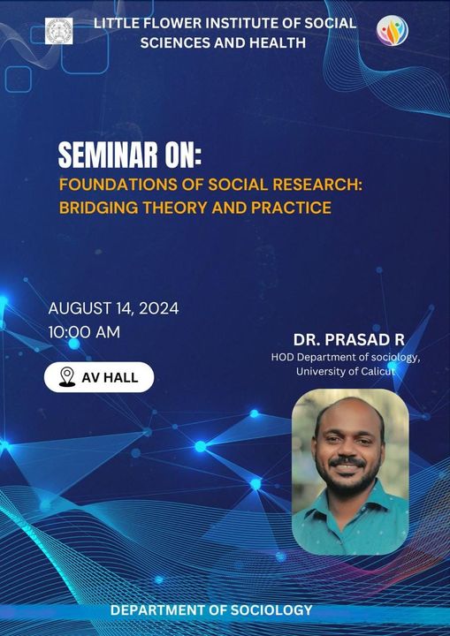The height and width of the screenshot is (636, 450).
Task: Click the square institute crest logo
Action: (59, 31)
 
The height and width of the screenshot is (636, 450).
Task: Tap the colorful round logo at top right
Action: (392, 30)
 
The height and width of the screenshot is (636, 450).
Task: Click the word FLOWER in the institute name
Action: (154, 24)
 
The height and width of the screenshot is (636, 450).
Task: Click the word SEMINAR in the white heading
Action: (107, 155)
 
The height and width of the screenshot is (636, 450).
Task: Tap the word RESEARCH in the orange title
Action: (317, 185)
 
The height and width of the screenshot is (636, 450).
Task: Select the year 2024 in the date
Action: (159, 308)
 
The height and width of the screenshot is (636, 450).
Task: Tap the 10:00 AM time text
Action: (84, 333)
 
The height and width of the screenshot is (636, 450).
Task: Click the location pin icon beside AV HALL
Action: (67, 377)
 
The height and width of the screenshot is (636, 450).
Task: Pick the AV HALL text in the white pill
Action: (110, 378)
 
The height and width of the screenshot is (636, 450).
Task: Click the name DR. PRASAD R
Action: (349, 340)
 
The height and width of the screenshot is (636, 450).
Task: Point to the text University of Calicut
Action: (346, 371)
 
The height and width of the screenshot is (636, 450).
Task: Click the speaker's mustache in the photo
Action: (347, 462)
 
